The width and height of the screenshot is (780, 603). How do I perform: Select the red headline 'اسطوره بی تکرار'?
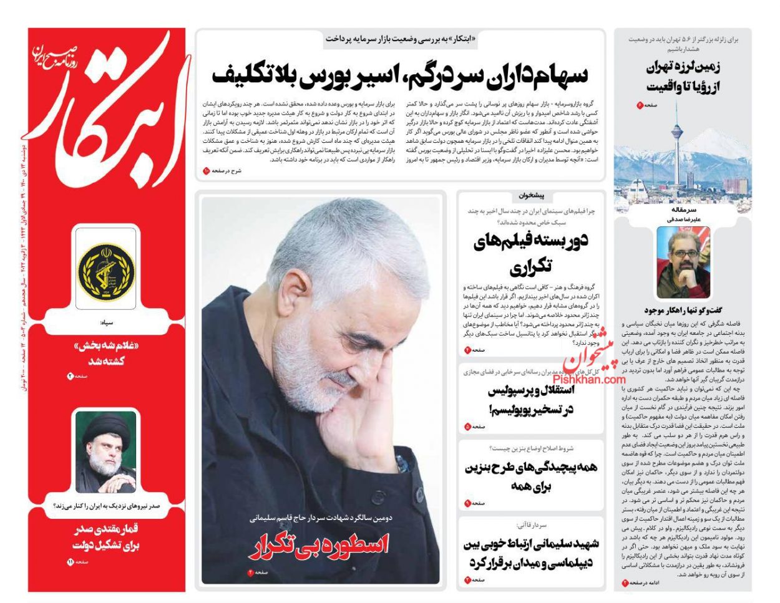319,546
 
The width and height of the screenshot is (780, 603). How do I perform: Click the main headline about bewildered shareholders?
400,75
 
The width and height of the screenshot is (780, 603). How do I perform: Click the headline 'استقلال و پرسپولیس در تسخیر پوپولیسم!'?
530,400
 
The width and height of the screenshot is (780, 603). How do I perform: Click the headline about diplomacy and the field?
531,552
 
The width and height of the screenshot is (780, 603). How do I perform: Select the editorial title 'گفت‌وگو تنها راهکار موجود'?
683,309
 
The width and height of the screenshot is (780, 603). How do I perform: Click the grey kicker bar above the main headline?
401,39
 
